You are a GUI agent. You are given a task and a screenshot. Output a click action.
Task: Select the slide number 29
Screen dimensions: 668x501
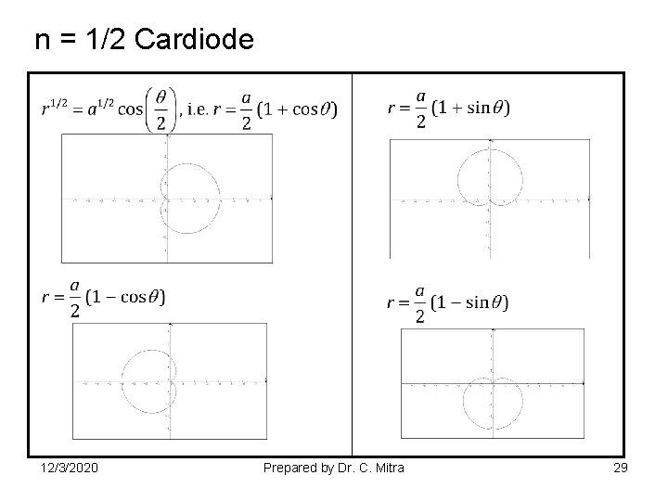620,469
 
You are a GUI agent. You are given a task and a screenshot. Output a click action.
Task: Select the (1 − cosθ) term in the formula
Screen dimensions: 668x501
126,298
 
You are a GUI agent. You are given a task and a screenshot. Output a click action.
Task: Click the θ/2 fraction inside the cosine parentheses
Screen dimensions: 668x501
161,109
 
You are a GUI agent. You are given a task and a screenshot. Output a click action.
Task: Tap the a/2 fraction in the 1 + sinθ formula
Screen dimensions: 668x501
420,109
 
